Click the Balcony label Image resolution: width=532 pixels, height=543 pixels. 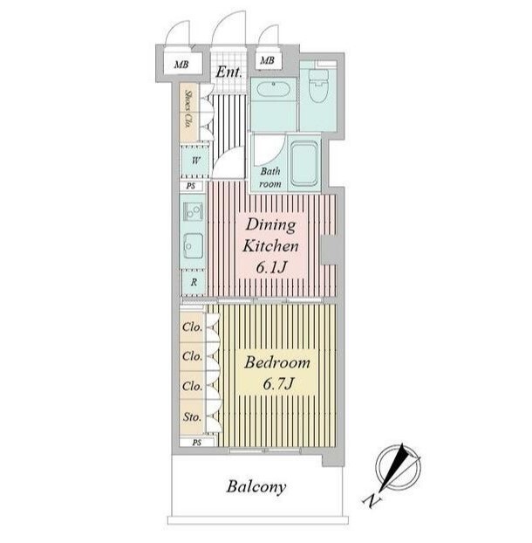[256, 486]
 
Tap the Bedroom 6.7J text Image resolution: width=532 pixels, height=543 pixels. [277, 373]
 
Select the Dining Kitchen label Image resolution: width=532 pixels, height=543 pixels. [270, 236]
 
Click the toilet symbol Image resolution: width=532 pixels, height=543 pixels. [318, 86]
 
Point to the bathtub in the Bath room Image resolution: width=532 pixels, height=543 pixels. [304, 164]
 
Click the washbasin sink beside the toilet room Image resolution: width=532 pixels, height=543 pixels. [273, 90]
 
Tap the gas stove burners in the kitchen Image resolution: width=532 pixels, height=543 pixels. [193, 211]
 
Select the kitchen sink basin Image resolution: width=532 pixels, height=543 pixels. [193, 245]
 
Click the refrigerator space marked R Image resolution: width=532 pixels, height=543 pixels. [194, 282]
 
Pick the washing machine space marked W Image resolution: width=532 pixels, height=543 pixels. [195, 161]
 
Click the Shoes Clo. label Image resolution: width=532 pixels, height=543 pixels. [189, 109]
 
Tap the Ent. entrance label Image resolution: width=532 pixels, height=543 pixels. [228, 72]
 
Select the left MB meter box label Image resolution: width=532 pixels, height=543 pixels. [181, 65]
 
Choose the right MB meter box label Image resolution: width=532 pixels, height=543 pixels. [267, 60]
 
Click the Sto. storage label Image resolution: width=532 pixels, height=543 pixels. [192, 417]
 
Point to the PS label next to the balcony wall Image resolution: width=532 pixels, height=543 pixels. [197, 443]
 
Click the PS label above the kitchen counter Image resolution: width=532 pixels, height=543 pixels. [191, 186]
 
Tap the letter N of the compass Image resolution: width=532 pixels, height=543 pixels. [372, 500]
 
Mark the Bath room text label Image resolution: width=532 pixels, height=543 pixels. [270, 177]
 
